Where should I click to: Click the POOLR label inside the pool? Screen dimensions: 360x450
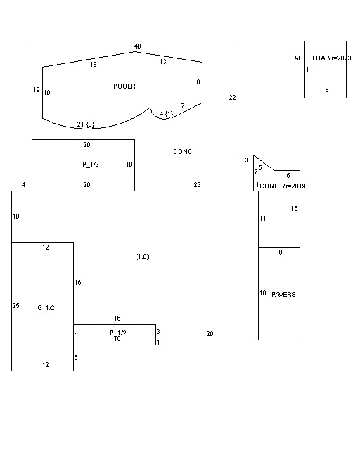click(124, 86)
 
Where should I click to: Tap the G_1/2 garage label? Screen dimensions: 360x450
click(46, 308)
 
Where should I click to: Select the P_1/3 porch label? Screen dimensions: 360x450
click(91, 165)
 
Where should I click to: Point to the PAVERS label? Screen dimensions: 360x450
click(283, 295)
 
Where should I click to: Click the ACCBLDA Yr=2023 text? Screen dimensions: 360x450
click(323, 58)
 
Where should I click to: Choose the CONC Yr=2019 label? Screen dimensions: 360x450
click(283, 186)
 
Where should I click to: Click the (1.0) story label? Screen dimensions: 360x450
click(143, 257)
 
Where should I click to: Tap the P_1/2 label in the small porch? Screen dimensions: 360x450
click(118, 333)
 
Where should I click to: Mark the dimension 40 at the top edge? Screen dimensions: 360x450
click(138, 46)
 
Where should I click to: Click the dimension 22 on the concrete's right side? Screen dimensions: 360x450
click(232, 98)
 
